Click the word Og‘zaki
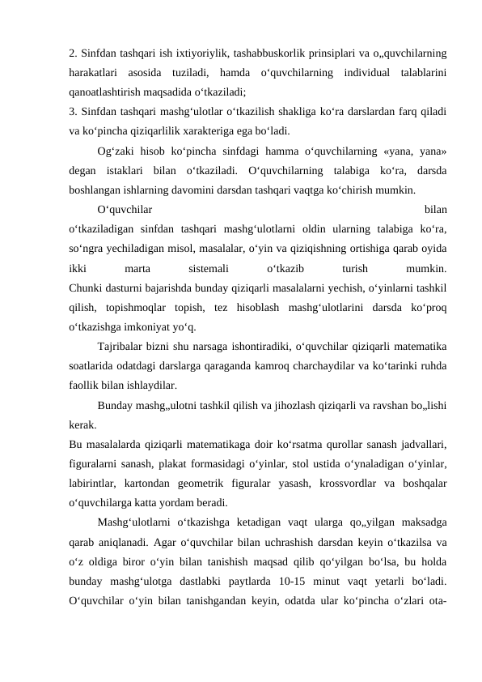click(116, 151)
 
